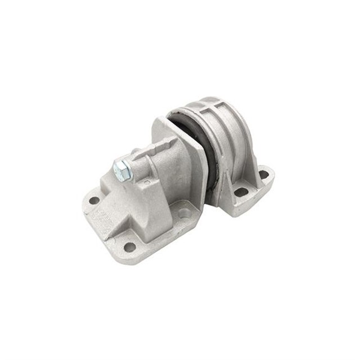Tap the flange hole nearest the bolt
coord(94,200)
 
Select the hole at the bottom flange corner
coord(129,246)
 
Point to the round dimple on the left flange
coord(183,213)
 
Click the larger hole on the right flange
coord(241,192)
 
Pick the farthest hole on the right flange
coord(263,174)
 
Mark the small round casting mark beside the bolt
coord(147,182)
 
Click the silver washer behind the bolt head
coord(129,167)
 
